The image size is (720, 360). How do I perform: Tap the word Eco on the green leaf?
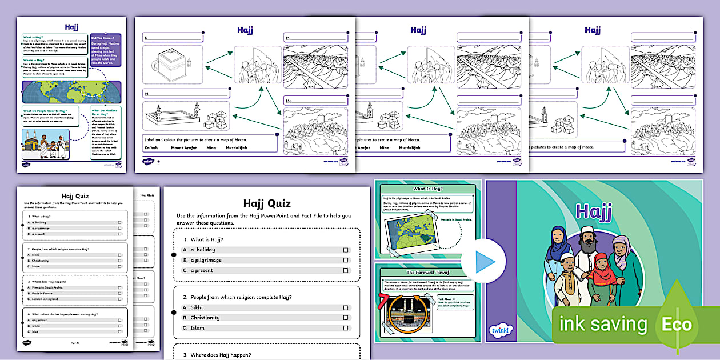click(677, 325)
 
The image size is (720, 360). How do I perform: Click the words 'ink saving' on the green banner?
click(603, 325)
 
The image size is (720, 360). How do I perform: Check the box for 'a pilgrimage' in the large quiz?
click(346, 261)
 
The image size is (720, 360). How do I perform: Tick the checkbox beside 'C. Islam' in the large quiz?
click(346, 328)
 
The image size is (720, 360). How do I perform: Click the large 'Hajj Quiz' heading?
click(267, 203)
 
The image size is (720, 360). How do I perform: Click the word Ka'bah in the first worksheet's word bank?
click(151, 148)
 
